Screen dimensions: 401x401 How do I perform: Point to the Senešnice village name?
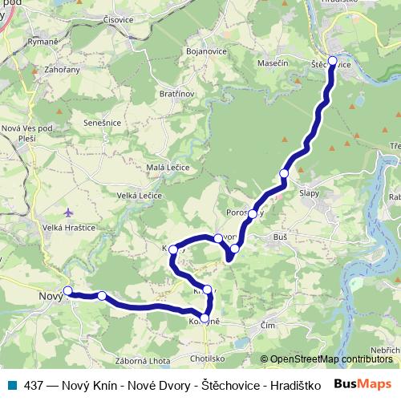coord(103,124)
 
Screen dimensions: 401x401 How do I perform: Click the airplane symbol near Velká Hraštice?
coord(68,213)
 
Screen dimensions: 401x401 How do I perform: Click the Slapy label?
coord(309,192)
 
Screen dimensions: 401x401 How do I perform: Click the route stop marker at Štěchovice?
coord(332,60)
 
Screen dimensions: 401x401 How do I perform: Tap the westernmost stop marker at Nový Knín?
coord(68,290)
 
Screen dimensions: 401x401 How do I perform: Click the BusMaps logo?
coord(363,385)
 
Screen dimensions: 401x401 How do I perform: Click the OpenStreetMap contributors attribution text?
coord(326,359)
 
